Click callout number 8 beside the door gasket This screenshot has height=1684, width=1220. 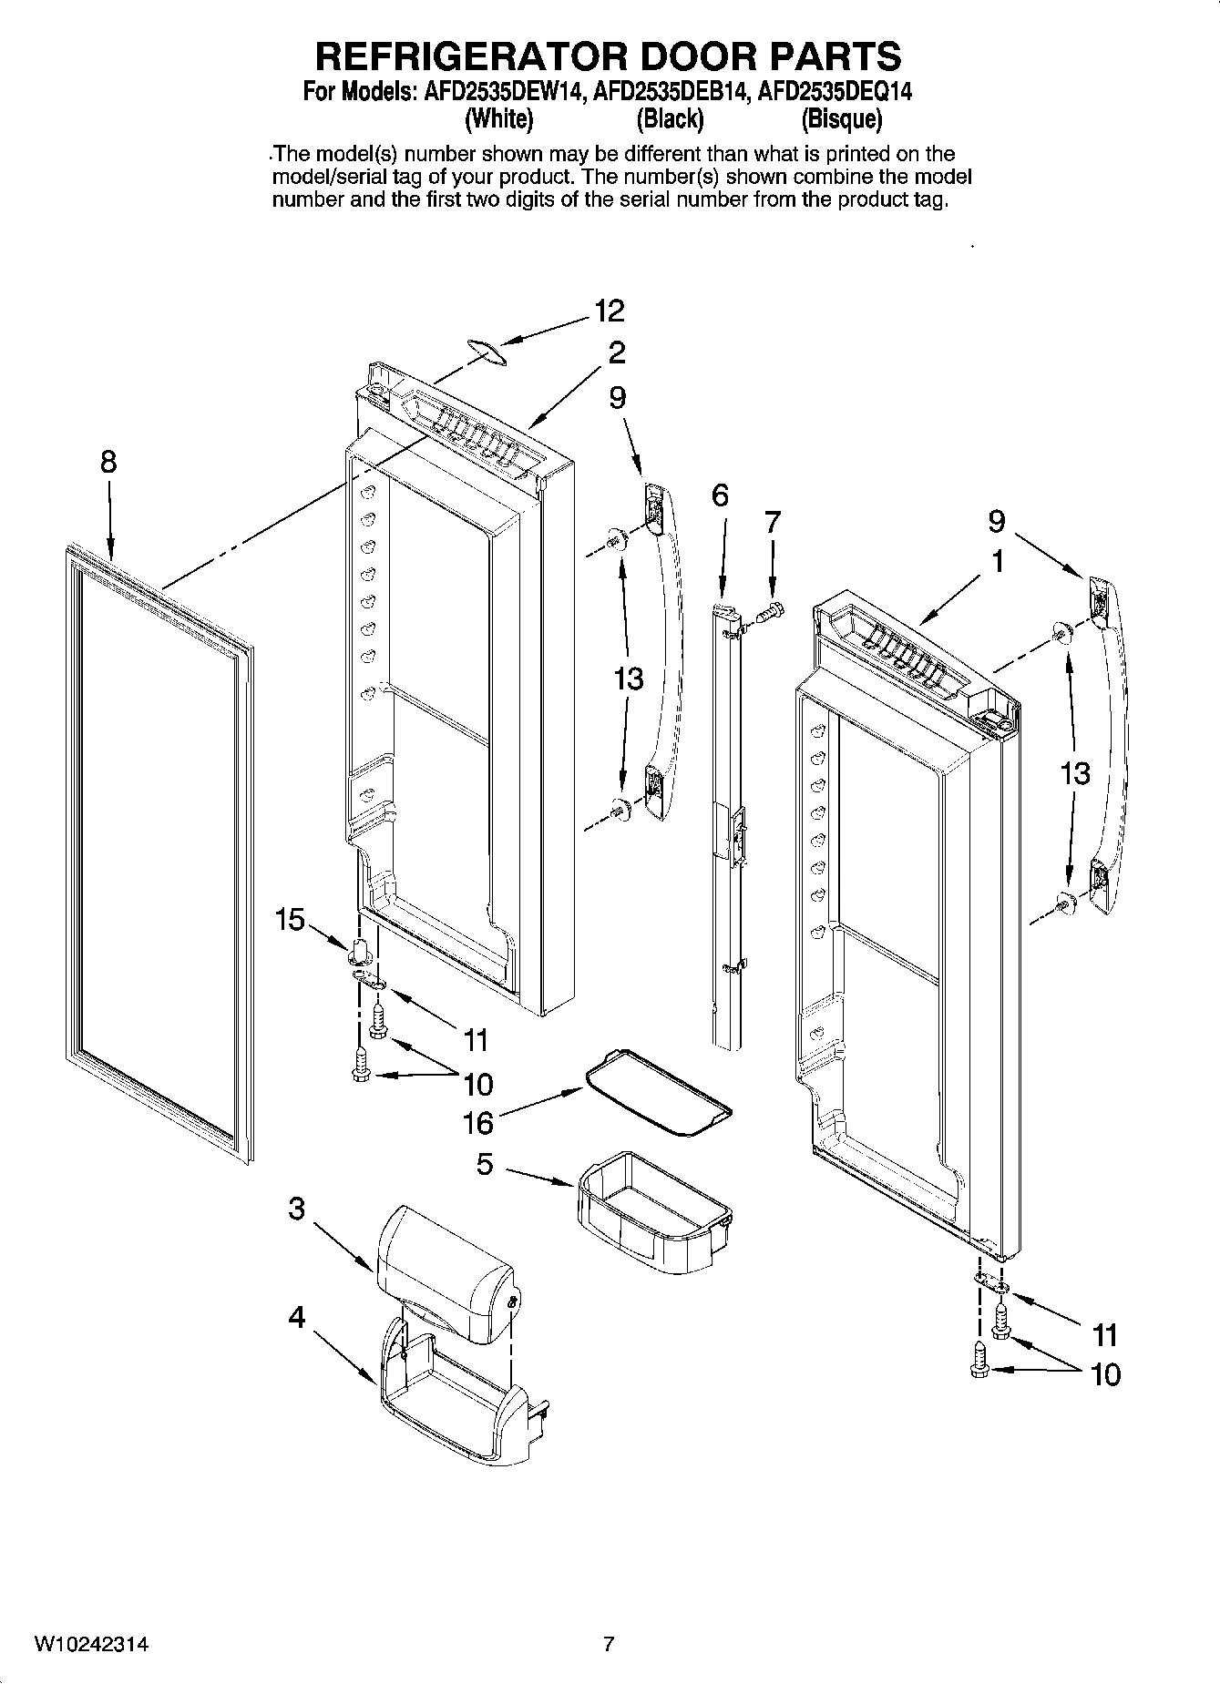108,463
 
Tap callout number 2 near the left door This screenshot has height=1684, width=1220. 617,352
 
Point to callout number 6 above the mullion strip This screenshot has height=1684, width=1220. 720,495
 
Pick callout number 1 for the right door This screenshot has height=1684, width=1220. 998,562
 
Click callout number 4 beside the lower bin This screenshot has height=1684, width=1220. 297,1318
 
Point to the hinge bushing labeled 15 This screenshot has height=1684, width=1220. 360,950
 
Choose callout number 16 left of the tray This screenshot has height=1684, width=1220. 477,1123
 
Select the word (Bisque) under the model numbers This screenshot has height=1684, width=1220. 841,119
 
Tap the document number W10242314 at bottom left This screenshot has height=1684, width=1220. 91,1645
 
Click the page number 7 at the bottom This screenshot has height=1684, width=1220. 609,1645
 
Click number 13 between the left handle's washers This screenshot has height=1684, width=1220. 629,679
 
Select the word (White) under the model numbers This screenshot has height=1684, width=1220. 498,119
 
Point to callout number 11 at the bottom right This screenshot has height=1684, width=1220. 1104,1335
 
